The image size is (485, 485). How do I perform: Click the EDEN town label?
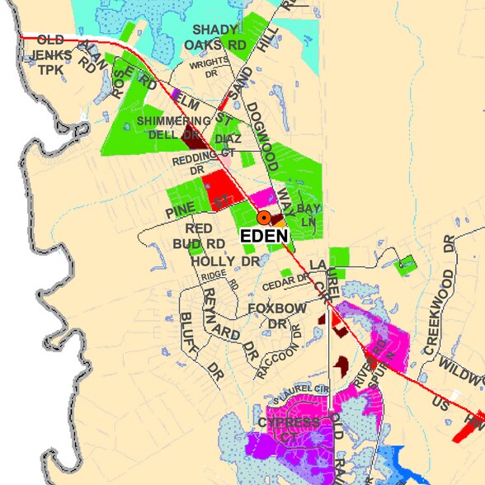265,236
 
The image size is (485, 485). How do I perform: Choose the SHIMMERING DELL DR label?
168,128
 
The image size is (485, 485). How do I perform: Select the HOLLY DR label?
224,261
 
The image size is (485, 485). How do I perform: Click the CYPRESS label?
288,422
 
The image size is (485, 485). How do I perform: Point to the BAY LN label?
308,214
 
